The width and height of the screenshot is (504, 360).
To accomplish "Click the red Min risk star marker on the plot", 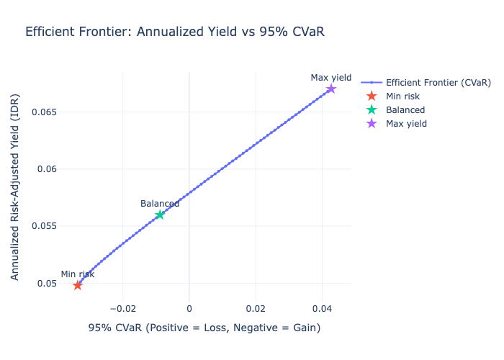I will pos(78,284).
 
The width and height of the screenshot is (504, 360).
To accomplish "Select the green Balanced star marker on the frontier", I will pos(160,215).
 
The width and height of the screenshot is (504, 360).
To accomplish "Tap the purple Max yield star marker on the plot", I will pos(331,89).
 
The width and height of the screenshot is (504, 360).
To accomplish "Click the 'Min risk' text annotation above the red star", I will pos(78,274).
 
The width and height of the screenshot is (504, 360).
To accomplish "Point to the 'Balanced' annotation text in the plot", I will pos(160,204).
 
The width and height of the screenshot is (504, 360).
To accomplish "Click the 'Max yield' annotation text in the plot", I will pos(331,78).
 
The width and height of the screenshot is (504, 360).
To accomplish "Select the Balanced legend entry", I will pos(405,110).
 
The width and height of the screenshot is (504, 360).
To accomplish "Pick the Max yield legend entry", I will pos(406,124).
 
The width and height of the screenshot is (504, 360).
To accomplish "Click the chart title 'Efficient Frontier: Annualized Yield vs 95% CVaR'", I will pos(179,32).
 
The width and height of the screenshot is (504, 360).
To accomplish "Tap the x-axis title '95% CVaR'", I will pos(204,328).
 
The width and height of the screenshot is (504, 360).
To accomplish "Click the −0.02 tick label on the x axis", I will pos(122,308).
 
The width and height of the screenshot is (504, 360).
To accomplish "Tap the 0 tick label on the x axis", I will pos(189,308).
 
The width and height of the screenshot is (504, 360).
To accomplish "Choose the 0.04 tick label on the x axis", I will pos(322,308).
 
